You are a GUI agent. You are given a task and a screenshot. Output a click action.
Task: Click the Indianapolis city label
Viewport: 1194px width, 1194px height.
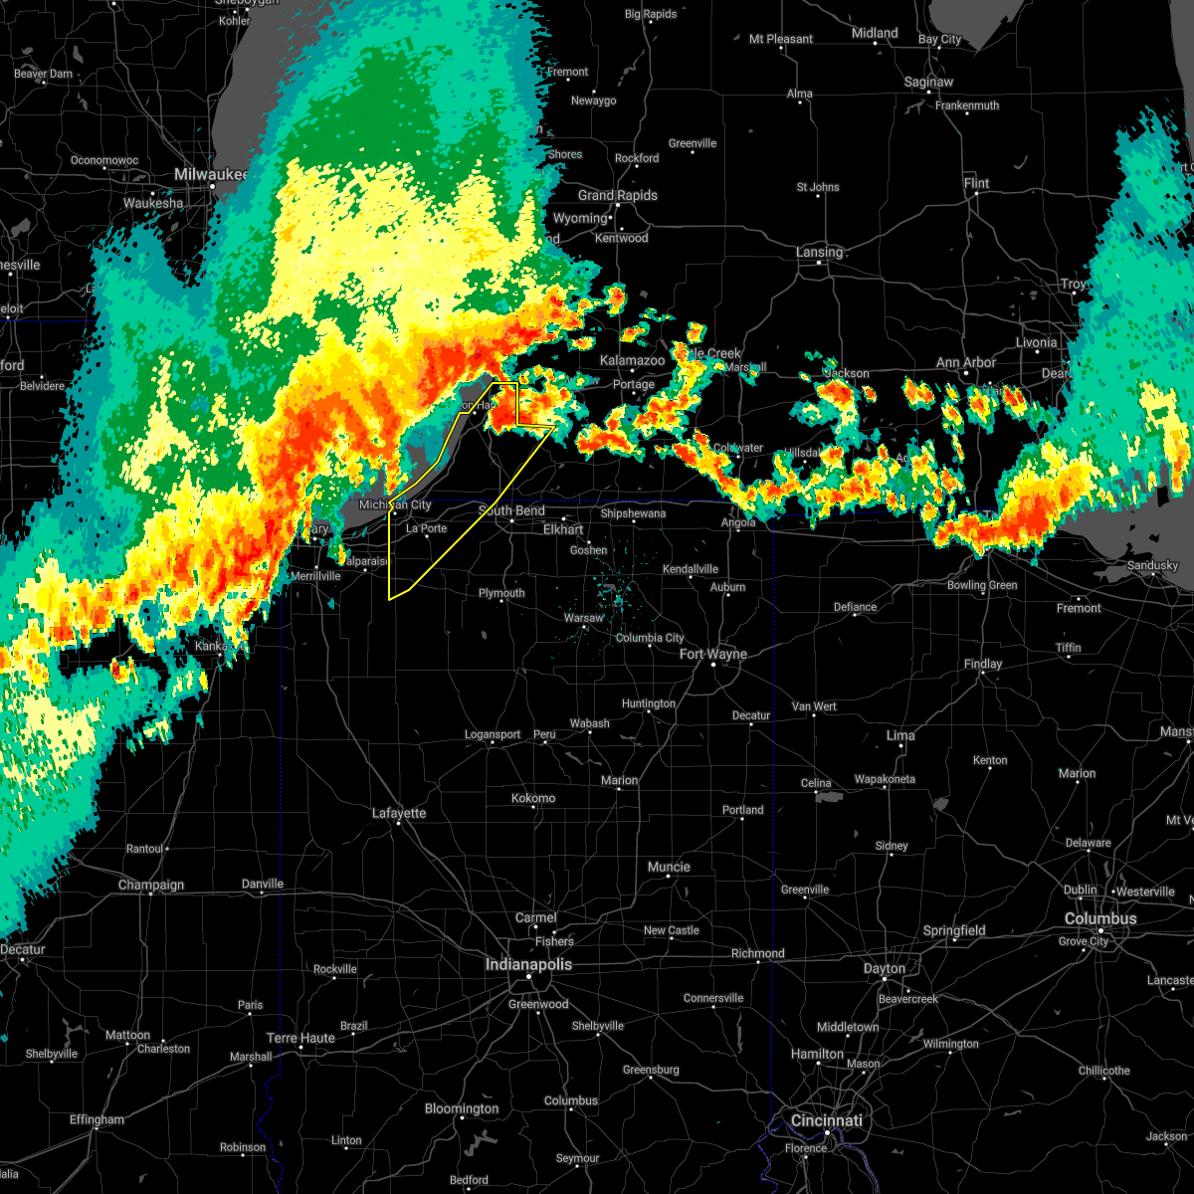(528, 964)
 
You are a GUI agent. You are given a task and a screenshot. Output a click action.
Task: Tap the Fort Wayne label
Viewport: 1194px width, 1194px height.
(712, 654)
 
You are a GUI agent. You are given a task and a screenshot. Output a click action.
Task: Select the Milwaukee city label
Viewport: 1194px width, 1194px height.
(210, 174)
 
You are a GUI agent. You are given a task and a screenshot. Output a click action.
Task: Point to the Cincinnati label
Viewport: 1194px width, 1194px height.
(827, 1120)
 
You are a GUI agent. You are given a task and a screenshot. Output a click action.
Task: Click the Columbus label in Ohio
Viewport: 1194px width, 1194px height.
(1100, 918)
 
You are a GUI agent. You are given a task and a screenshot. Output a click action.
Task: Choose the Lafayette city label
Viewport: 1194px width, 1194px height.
(399, 813)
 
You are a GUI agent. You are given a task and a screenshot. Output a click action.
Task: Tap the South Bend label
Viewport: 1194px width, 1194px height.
(511, 510)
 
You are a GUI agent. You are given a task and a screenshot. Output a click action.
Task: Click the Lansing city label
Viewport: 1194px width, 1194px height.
(819, 252)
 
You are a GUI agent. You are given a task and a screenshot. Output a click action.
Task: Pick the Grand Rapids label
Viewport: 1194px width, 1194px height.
(617, 195)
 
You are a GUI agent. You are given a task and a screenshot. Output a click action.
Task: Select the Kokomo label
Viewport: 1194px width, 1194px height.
(533, 798)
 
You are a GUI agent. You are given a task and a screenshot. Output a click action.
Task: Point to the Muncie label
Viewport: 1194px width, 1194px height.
(669, 867)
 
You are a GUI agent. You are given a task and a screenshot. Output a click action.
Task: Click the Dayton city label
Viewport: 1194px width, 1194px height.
(884, 968)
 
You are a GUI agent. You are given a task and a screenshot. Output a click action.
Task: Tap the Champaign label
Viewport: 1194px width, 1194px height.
(151, 885)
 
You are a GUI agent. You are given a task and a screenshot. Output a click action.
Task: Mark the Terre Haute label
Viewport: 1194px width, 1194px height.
(301, 1038)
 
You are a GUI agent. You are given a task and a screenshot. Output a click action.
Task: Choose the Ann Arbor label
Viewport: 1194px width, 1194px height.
(965, 362)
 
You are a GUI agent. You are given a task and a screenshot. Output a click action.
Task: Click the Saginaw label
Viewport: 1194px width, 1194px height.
(928, 82)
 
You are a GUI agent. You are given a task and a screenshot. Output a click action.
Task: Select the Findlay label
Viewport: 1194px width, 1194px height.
(983, 664)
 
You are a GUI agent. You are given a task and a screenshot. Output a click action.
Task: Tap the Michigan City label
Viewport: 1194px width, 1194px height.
(395, 504)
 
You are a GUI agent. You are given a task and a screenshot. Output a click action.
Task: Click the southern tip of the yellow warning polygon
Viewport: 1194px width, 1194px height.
(389, 599)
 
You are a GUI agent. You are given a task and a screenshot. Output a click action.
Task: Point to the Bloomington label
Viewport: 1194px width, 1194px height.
(462, 1108)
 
